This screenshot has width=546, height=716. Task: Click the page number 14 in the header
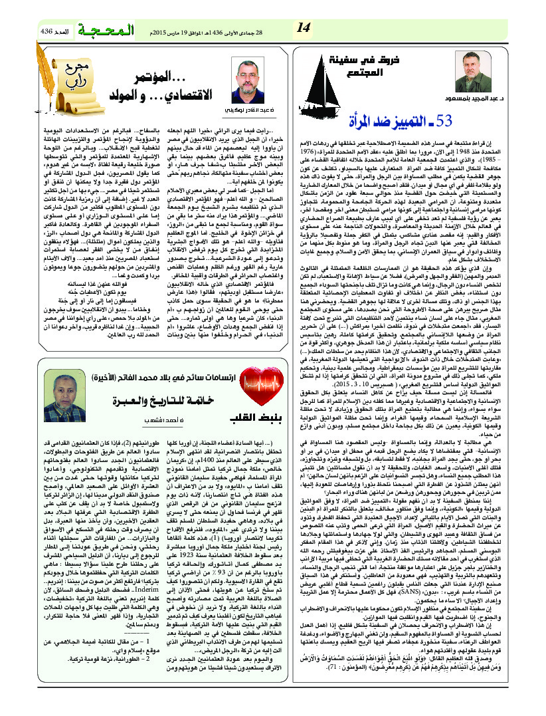304,28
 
